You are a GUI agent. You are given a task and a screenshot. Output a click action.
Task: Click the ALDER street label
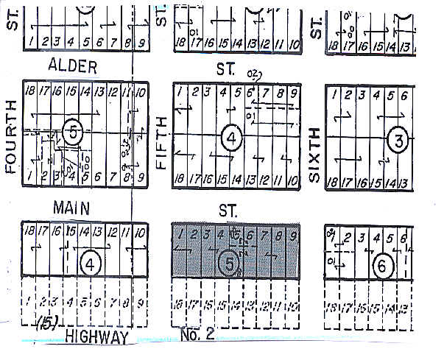72,67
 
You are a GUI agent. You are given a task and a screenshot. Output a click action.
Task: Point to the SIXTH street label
314,154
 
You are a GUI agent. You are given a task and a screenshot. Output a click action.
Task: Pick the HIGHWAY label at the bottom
96,337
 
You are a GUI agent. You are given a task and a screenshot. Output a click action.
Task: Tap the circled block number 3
398,141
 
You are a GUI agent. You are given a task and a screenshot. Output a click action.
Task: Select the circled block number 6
381,268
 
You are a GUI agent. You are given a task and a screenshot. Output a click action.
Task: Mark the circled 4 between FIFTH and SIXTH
230,138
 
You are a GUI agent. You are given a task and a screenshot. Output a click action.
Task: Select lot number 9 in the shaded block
293,235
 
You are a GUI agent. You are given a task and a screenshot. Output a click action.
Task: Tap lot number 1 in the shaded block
179,235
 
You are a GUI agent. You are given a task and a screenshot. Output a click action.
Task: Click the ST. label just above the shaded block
228,211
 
